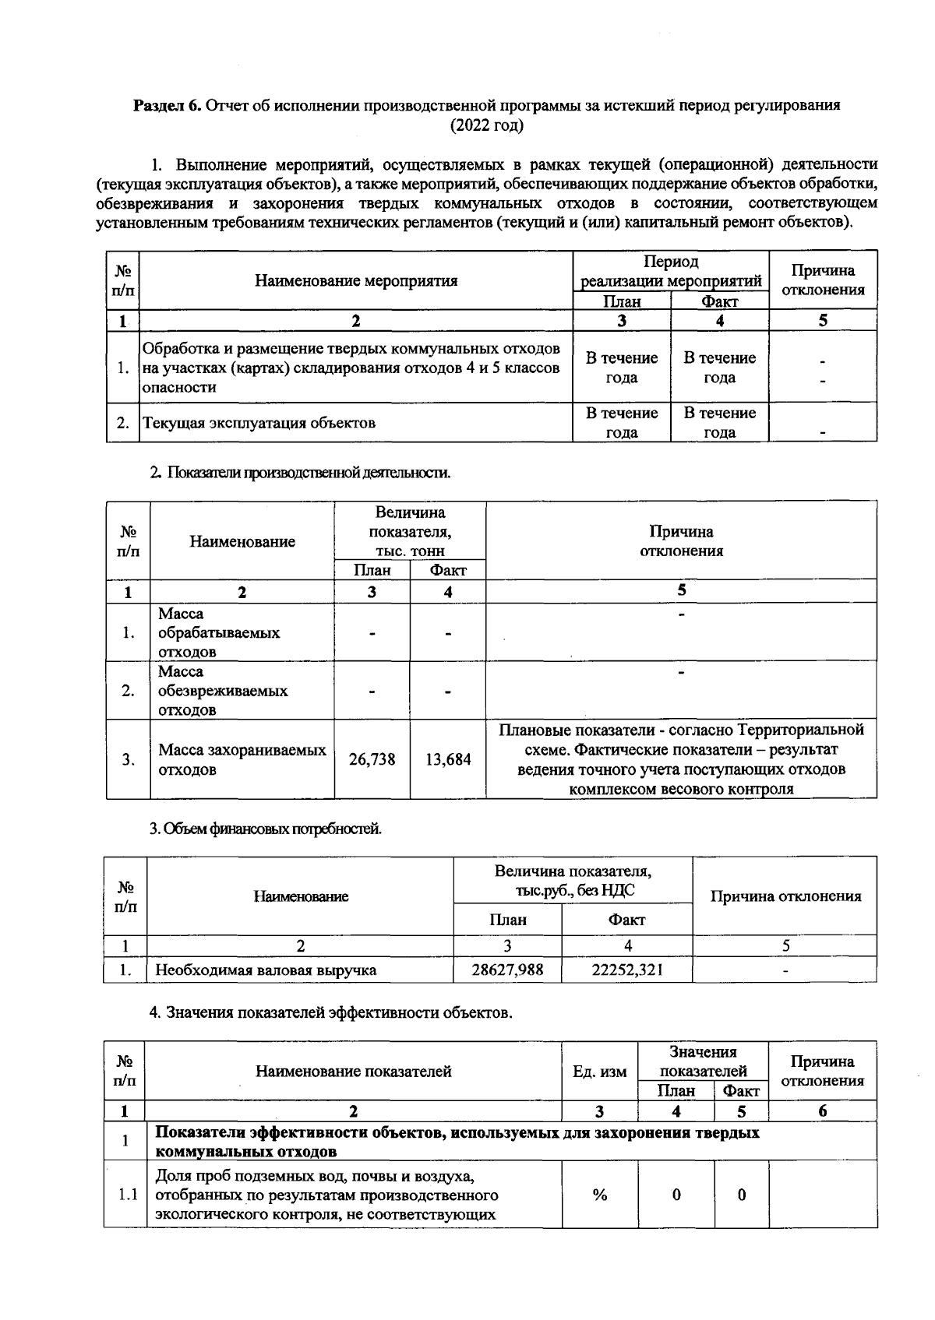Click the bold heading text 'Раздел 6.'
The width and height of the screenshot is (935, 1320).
168,106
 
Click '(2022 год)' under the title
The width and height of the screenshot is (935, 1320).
487,125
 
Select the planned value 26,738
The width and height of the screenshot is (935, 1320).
372,759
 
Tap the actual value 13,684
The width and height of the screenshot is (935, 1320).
448,759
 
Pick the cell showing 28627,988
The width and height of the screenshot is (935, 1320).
507,970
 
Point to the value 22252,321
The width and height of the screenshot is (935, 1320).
627,970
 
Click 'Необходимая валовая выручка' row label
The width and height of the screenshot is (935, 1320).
266,970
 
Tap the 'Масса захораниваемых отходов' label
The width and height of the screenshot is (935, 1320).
242,760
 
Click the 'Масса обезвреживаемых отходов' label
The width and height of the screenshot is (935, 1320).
222,691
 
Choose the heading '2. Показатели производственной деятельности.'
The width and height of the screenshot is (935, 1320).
300,472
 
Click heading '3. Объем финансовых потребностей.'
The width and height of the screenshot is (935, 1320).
265,829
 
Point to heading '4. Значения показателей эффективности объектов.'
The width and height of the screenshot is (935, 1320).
330,1013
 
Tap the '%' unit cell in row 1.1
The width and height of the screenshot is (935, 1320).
599,1195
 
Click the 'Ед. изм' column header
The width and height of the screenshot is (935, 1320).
599,1072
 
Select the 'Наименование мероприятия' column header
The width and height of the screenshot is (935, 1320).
356,280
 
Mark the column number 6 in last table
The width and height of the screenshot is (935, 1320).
822,1111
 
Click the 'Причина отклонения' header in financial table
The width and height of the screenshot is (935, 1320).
785,896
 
